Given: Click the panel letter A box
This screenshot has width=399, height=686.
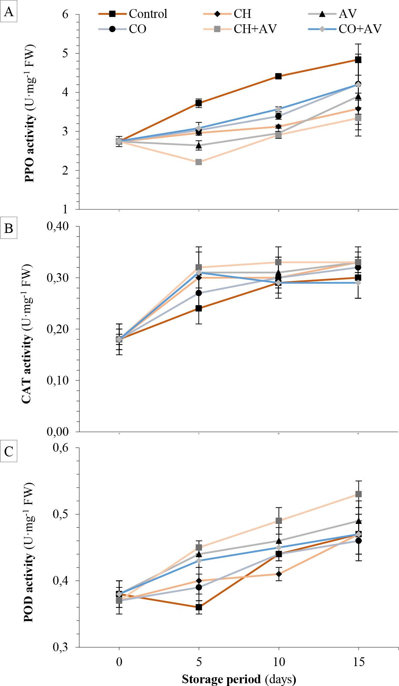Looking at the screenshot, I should tap(9, 13).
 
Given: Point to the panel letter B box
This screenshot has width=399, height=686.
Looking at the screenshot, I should tap(9, 229).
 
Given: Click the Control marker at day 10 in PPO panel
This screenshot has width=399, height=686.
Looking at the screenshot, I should tap(279, 76).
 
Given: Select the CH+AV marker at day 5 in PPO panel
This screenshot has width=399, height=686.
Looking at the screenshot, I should tap(199, 162).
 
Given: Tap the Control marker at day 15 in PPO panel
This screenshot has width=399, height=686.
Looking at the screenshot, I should tap(358, 60).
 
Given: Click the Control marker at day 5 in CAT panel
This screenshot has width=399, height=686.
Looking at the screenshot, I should tap(199, 308).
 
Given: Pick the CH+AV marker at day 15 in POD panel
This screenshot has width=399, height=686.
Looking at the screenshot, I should tap(359, 494).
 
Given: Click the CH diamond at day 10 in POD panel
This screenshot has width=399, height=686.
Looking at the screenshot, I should tap(279, 574).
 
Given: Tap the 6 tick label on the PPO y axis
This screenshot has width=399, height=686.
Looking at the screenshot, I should tap(65, 14).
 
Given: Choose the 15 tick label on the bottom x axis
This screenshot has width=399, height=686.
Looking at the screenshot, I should tap(358, 662).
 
